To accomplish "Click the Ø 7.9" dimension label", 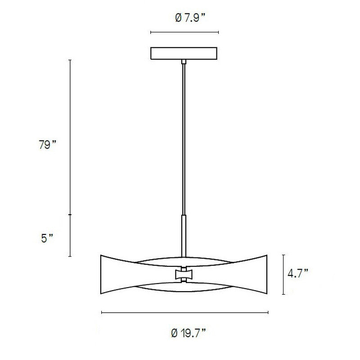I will [184, 18].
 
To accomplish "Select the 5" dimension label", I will [47, 238].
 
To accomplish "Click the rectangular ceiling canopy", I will [184, 53].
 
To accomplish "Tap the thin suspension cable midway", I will [183, 139].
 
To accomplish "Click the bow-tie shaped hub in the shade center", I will [183, 274].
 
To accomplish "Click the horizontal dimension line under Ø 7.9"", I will [184, 32].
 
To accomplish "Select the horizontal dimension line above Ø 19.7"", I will [184, 312].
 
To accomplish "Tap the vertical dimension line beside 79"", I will [69, 135].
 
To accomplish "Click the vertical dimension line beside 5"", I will [69, 236].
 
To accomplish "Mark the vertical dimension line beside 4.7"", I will [283, 274].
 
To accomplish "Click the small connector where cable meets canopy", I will [183, 61].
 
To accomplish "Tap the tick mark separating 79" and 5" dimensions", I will [69, 215].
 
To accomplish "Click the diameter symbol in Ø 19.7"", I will [174, 333].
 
